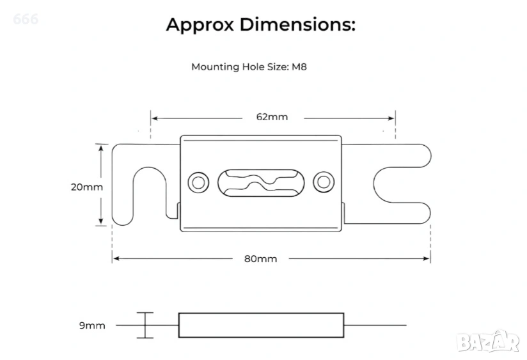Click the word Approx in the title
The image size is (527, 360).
coord(200,25)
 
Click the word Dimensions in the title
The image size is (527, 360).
coord(295,25)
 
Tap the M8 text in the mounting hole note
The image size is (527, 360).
coord(300,67)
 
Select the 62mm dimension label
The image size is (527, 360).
coord(272,117)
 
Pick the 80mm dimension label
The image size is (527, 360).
coord(260,258)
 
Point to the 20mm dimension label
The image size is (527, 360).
coord(86,187)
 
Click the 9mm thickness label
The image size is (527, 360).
coord(92,325)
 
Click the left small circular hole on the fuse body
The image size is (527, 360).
coord(198,183)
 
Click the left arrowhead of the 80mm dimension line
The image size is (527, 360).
coord(116,258)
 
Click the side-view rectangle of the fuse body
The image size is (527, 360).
coord(261,325)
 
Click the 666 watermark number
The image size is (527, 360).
coord(25,19)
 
